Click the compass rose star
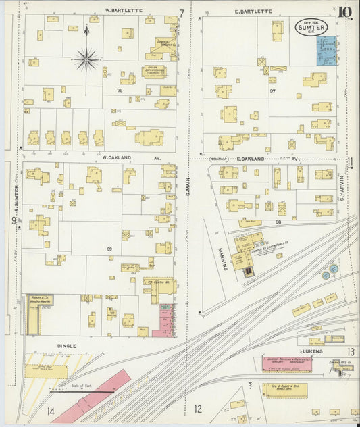pyautogui.click(x=86, y=60)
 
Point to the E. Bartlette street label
pyautogui.click(x=253, y=11)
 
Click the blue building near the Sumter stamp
pyautogui.click(x=327, y=51)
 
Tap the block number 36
pyautogui.click(x=119, y=90)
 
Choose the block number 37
pyautogui.click(x=273, y=90)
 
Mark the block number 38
pyautogui.click(x=277, y=221)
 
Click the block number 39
pyautogui.click(x=109, y=249)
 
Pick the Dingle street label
pyautogui.click(x=66, y=345)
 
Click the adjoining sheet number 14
pyautogui.click(x=51, y=411)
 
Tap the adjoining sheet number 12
pyautogui.click(x=198, y=408)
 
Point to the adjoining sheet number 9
pyautogui.click(x=13, y=220)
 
